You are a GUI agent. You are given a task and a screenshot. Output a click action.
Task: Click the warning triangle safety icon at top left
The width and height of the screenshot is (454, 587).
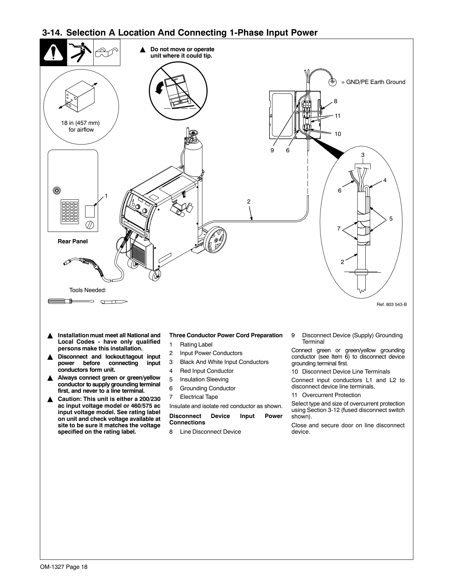(x=53, y=52)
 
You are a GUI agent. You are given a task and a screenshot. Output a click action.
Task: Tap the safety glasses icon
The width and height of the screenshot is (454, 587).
(x=107, y=52)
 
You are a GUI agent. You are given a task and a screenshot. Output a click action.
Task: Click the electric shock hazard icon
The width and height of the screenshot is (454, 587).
(x=80, y=52)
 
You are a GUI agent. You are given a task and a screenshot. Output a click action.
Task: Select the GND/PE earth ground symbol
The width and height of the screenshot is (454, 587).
(x=332, y=82)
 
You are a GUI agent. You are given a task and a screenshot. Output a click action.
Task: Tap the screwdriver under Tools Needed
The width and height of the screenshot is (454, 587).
(x=71, y=301)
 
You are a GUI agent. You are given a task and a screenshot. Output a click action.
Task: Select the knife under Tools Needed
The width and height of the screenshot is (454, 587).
(x=114, y=302)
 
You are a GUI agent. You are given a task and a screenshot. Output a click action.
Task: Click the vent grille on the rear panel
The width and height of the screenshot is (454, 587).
(x=70, y=212)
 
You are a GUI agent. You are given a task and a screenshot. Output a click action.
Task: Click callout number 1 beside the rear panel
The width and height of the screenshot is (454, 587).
(x=106, y=196)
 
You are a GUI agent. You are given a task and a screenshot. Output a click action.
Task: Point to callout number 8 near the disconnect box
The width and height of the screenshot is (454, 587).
(x=335, y=101)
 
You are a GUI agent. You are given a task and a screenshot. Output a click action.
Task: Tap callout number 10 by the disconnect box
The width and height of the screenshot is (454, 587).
(x=338, y=134)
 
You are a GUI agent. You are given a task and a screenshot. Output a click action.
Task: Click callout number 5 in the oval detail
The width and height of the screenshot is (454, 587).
(x=391, y=219)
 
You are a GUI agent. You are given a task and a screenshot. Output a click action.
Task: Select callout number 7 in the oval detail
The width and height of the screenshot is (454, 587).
(x=339, y=229)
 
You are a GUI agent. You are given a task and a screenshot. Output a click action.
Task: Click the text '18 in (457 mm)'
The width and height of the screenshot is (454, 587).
(x=80, y=123)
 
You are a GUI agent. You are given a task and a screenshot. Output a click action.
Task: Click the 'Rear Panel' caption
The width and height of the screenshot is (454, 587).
(x=73, y=242)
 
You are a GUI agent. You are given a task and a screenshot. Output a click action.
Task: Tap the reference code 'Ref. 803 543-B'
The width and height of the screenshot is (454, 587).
(x=392, y=305)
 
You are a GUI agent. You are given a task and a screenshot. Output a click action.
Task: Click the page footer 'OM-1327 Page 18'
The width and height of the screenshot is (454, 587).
(x=64, y=567)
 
